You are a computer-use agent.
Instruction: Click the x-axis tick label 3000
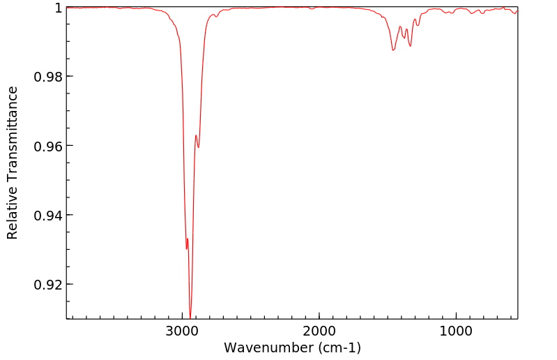click(x=183, y=330)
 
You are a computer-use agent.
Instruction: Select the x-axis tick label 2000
click(x=319, y=330)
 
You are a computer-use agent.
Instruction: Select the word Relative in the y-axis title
click(x=13, y=209)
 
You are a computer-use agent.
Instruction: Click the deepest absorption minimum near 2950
click(x=190, y=317)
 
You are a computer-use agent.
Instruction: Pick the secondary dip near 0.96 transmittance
click(x=199, y=148)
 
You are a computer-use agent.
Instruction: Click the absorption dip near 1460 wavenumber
click(x=393, y=50)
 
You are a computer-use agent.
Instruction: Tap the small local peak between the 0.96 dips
click(x=196, y=135)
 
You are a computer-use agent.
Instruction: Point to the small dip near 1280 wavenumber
click(x=418, y=26)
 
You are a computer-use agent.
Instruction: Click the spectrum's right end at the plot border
click(x=517, y=10)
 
